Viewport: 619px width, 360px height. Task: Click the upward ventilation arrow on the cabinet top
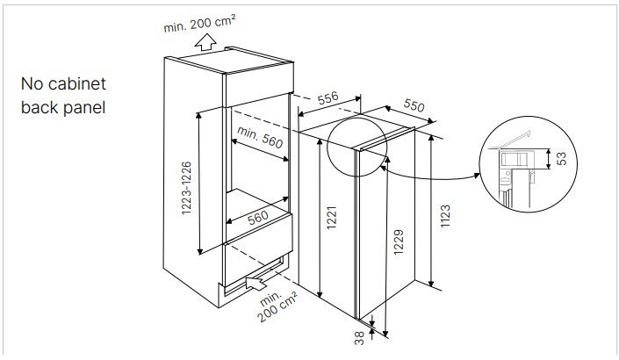coord(205,42)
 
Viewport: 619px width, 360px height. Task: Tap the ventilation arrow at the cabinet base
coord(255,283)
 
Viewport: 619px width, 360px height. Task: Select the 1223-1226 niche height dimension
coord(186,188)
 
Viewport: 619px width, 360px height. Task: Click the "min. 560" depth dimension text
coord(260,137)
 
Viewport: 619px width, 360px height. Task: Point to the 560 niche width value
coord(258,218)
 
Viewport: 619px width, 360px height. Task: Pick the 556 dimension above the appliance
coord(328,97)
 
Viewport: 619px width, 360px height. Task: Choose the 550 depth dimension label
coord(414,105)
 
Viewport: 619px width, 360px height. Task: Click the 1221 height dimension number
coord(331,218)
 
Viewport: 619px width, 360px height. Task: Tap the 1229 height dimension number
coord(399,242)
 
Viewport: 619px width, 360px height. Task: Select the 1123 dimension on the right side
coord(445,216)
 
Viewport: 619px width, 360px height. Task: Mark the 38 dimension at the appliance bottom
coord(359,338)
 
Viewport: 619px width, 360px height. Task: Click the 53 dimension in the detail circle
coord(561,159)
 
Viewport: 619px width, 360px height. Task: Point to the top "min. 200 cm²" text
coord(200,24)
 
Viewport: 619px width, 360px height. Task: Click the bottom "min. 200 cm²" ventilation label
coord(277,306)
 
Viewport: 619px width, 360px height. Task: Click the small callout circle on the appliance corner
coord(357,147)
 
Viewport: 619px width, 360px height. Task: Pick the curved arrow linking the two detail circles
coord(430,176)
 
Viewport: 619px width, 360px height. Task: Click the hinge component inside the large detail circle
coord(514,159)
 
